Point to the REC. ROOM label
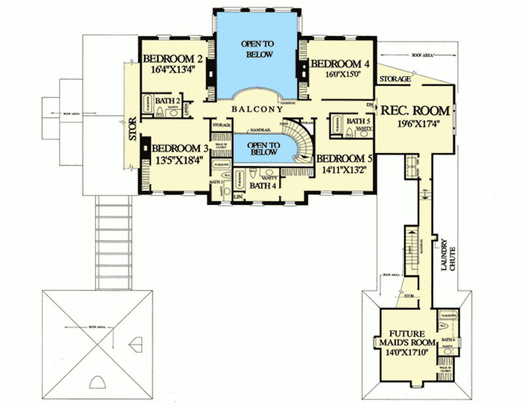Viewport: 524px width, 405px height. (x=415, y=110)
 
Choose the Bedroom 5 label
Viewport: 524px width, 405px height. (x=346, y=158)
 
